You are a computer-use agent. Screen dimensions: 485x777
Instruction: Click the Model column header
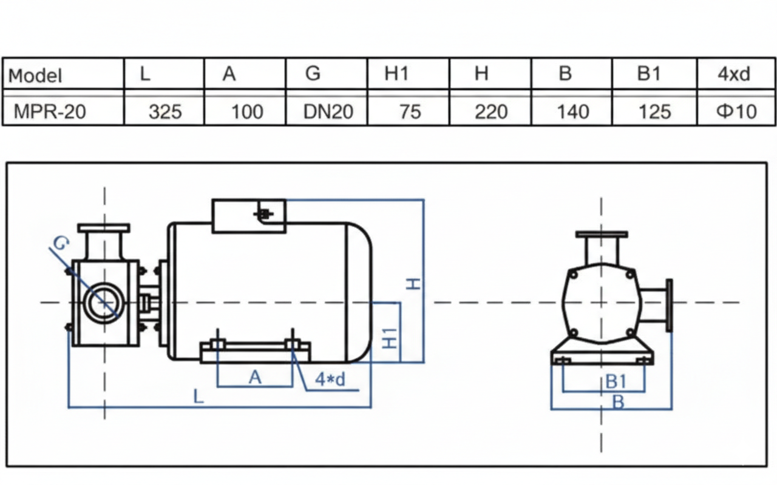point(35,75)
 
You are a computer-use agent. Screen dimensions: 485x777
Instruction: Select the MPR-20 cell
point(49,112)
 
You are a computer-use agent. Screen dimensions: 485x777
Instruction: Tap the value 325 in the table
point(165,112)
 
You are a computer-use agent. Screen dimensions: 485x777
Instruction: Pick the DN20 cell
point(327,112)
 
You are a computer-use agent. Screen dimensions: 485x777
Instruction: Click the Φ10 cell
point(737,112)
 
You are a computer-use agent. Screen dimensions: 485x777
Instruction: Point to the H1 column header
point(397,74)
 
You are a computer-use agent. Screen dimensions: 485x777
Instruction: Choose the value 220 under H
point(490,112)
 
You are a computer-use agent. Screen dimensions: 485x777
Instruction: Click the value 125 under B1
point(654,112)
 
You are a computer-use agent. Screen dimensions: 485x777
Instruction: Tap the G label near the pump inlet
point(60,244)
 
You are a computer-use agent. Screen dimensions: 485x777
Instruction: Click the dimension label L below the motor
point(198,397)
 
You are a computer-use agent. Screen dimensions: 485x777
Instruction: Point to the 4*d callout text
point(330,380)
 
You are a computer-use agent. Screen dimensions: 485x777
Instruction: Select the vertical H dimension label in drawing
point(413,283)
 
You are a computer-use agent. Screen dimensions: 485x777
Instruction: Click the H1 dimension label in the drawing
point(390,336)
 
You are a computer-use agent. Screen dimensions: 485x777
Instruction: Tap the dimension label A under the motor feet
point(255,378)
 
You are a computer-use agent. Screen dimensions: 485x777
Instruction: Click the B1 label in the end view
point(616,381)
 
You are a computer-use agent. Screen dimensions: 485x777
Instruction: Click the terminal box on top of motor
point(248,216)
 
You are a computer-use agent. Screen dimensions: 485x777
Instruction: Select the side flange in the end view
point(669,306)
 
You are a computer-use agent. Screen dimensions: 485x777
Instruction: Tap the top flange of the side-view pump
point(104,227)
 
